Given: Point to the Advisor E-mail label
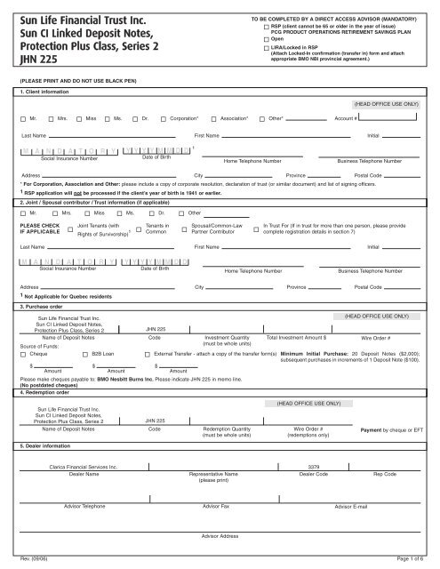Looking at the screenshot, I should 356,506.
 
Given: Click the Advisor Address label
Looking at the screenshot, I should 220,537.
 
